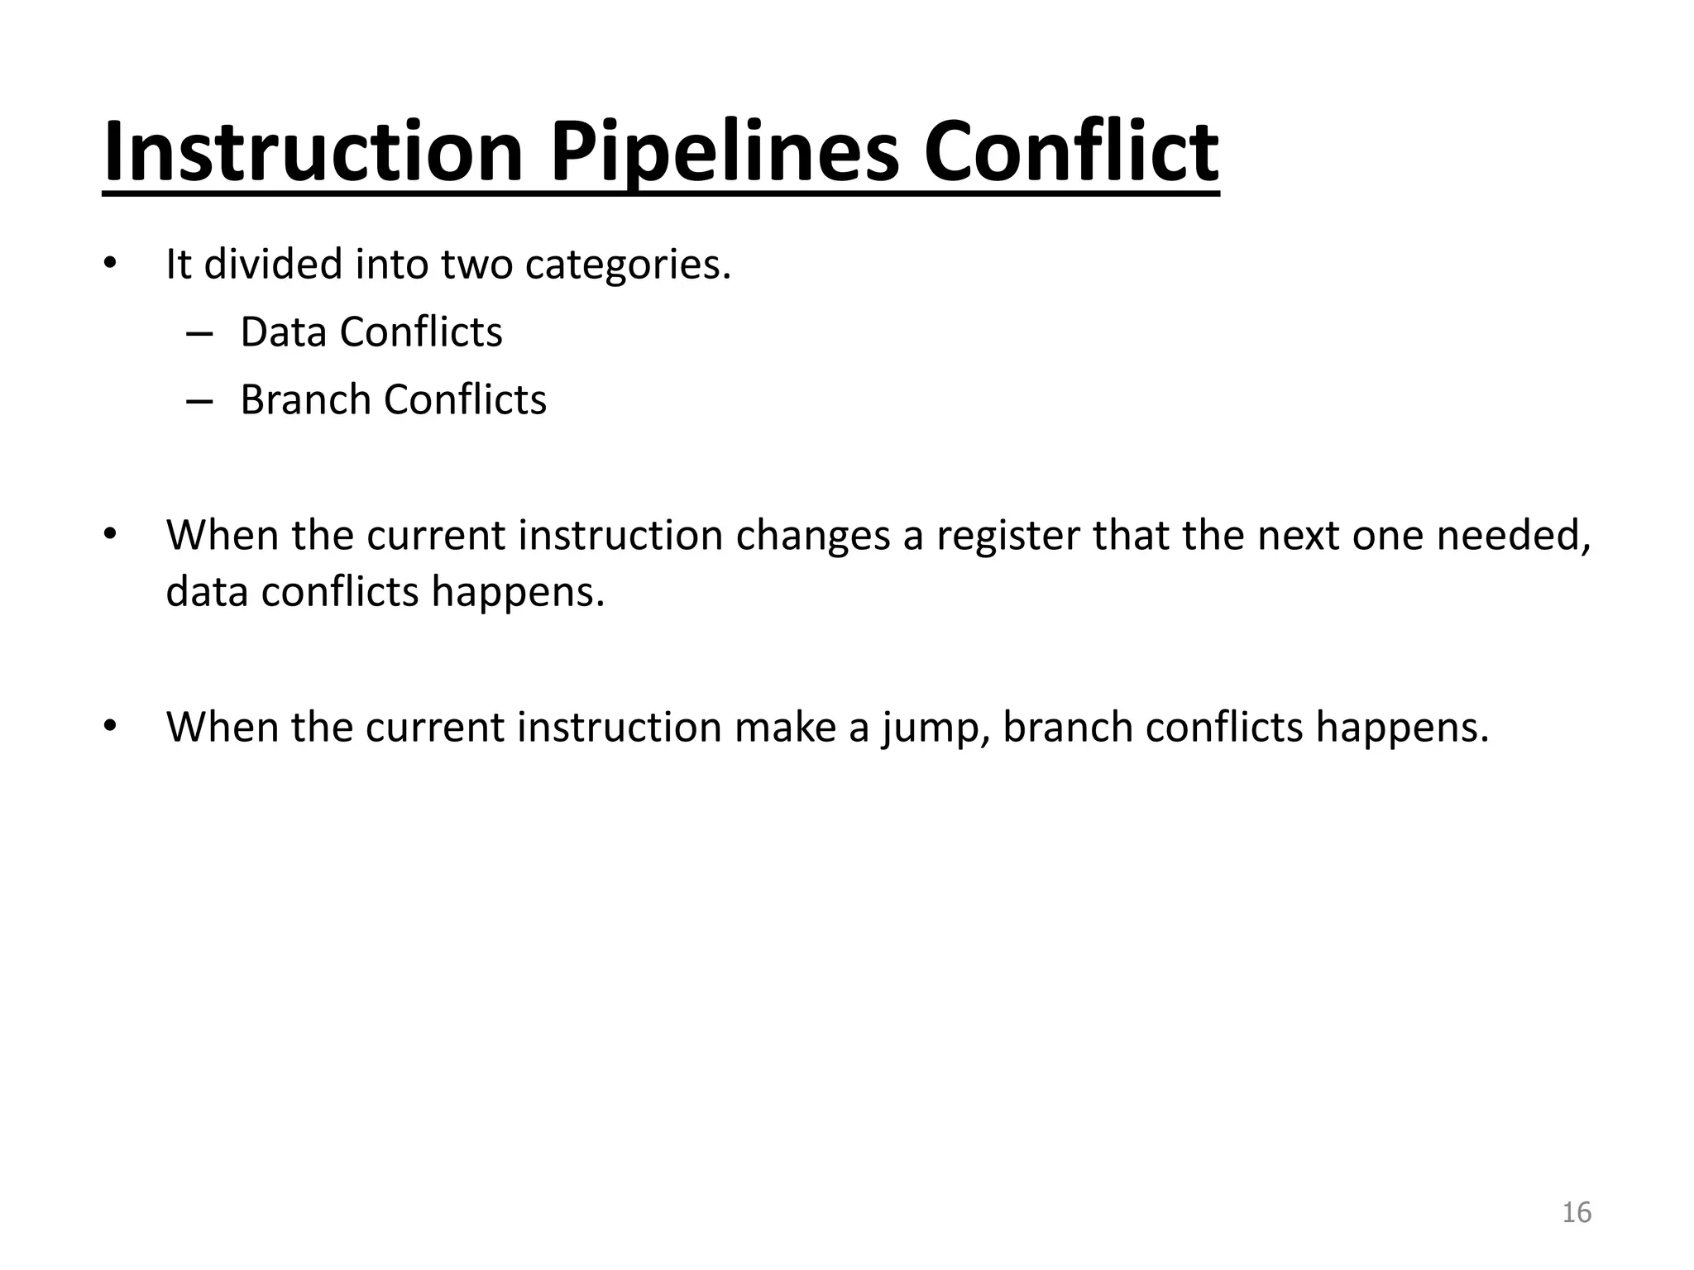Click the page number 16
click(x=1576, y=1212)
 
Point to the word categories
click(x=628, y=265)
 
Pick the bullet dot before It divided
click(x=111, y=264)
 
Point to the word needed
click(x=1513, y=536)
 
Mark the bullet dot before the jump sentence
click(x=111, y=726)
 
